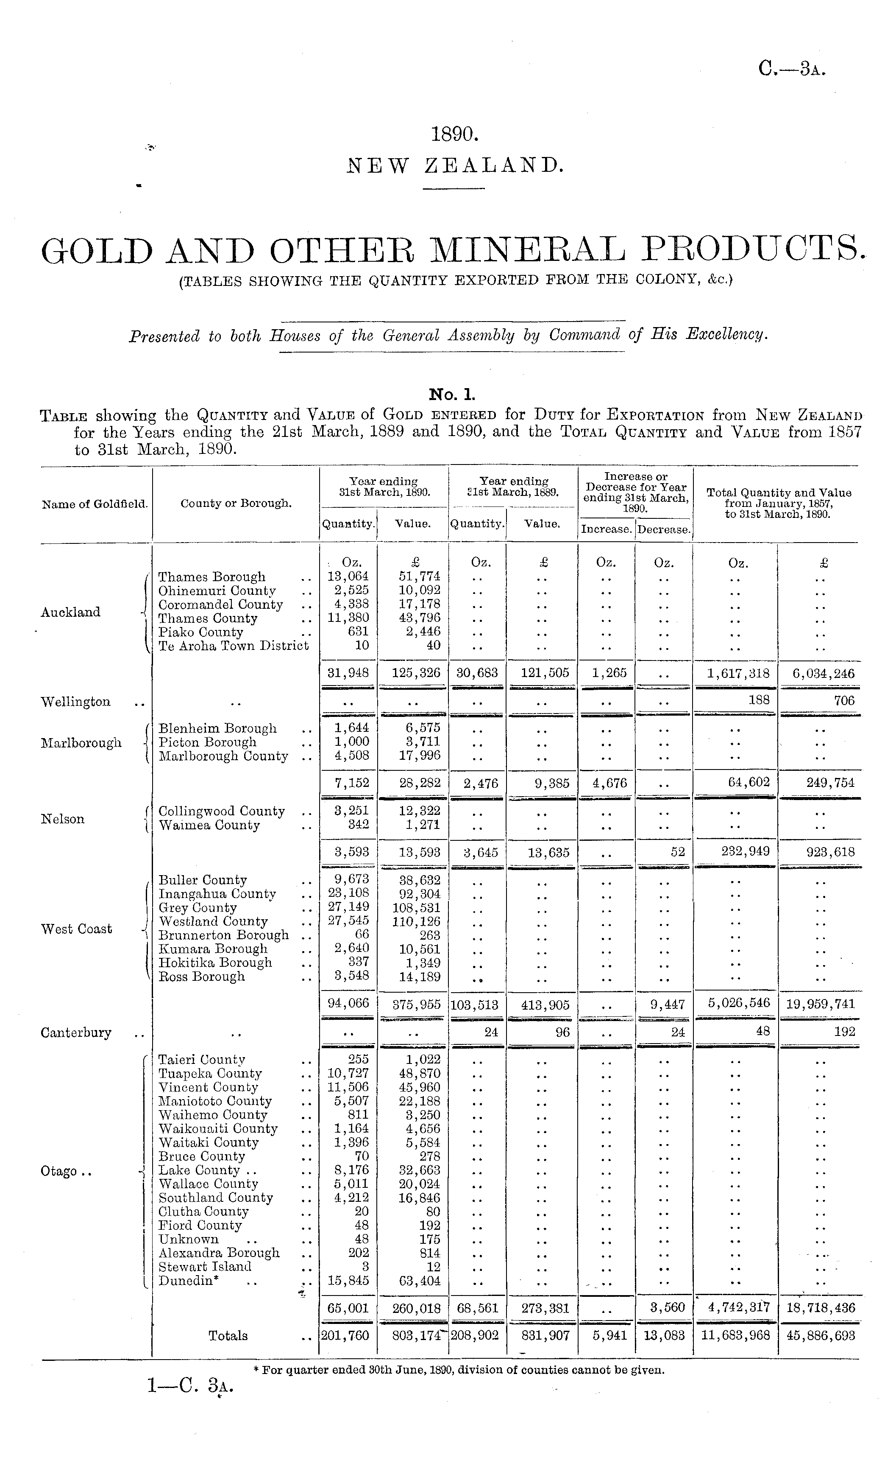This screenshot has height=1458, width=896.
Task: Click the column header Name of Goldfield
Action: (95, 504)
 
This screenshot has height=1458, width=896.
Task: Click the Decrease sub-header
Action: (664, 529)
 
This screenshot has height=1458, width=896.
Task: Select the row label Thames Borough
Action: (211, 577)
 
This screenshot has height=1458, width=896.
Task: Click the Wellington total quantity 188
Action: (759, 700)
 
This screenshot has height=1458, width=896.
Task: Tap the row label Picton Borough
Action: (207, 742)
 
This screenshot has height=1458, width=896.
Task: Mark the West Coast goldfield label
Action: (76, 929)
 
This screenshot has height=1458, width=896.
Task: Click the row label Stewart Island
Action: (205, 1267)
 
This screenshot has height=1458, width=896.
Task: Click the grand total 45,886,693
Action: (820, 1336)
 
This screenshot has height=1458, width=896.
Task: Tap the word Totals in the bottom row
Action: (228, 1336)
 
